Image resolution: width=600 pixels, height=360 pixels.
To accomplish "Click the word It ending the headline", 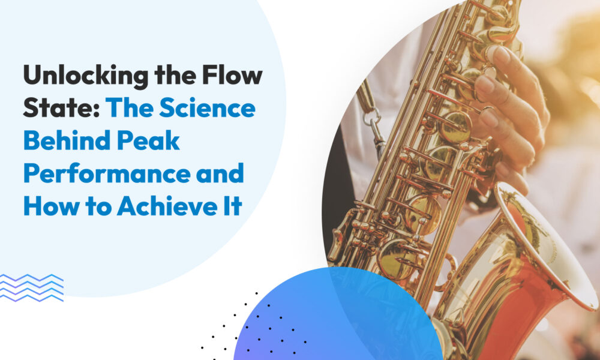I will (232, 206).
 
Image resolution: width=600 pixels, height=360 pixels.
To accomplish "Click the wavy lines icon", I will (31, 288).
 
